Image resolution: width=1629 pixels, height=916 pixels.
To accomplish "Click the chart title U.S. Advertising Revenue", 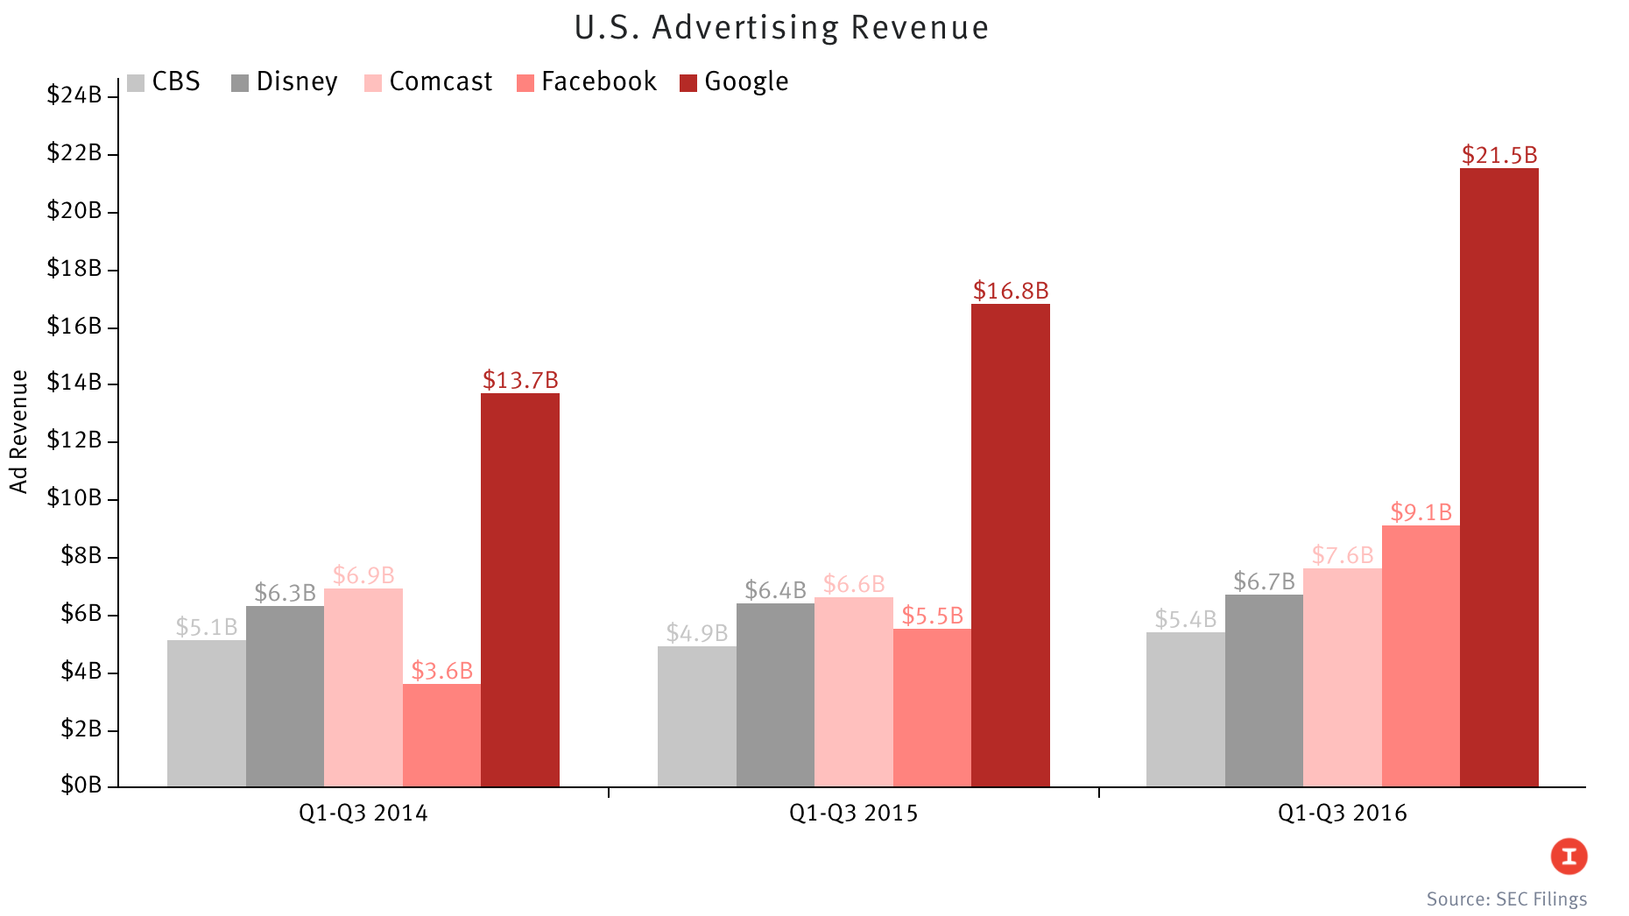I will pyautogui.click(x=781, y=28).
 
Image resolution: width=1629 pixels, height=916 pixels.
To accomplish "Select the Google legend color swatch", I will pyautogui.click(x=688, y=83).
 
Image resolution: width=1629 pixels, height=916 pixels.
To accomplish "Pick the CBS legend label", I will pyautogui.click(x=176, y=81).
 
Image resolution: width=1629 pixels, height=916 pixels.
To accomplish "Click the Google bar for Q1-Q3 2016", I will pyautogui.click(x=1499, y=477).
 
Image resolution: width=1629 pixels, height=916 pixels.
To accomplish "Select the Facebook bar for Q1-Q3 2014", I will pyautogui.click(x=441, y=735).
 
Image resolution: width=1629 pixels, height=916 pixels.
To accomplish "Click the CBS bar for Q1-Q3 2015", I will pyautogui.click(x=696, y=716).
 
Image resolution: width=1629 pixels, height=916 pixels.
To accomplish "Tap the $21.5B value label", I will pyautogui.click(x=1499, y=155).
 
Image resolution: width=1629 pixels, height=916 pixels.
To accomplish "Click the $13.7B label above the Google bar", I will pyautogui.click(x=520, y=380).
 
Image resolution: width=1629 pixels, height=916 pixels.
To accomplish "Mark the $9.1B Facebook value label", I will pyautogui.click(x=1421, y=511).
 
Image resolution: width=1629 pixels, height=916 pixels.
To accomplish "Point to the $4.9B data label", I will pyautogui.click(x=696, y=632).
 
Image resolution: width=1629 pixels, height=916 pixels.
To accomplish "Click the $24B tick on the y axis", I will pyautogui.click(x=74, y=95).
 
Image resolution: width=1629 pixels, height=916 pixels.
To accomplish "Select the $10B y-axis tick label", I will pyautogui.click(x=74, y=498).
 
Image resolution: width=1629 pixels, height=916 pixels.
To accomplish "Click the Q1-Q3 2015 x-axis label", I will pyautogui.click(x=853, y=813).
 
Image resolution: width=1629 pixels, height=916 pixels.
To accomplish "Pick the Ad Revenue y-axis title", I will pyautogui.click(x=19, y=432).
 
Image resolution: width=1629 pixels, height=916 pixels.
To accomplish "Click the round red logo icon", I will pyautogui.click(x=1569, y=856).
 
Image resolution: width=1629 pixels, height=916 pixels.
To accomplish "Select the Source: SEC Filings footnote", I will pyautogui.click(x=1506, y=898).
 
